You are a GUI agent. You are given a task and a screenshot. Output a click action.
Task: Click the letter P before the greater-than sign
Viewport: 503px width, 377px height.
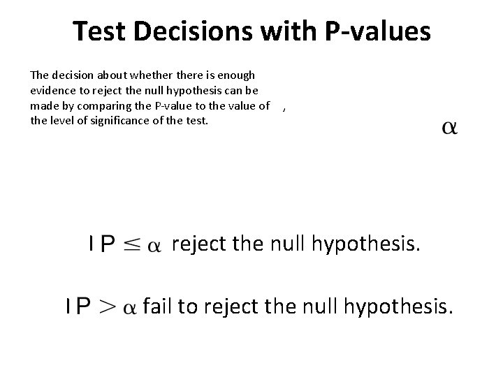click(x=83, y=307)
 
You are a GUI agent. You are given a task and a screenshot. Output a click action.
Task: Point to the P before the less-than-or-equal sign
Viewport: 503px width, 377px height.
click(x=108, y=244)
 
